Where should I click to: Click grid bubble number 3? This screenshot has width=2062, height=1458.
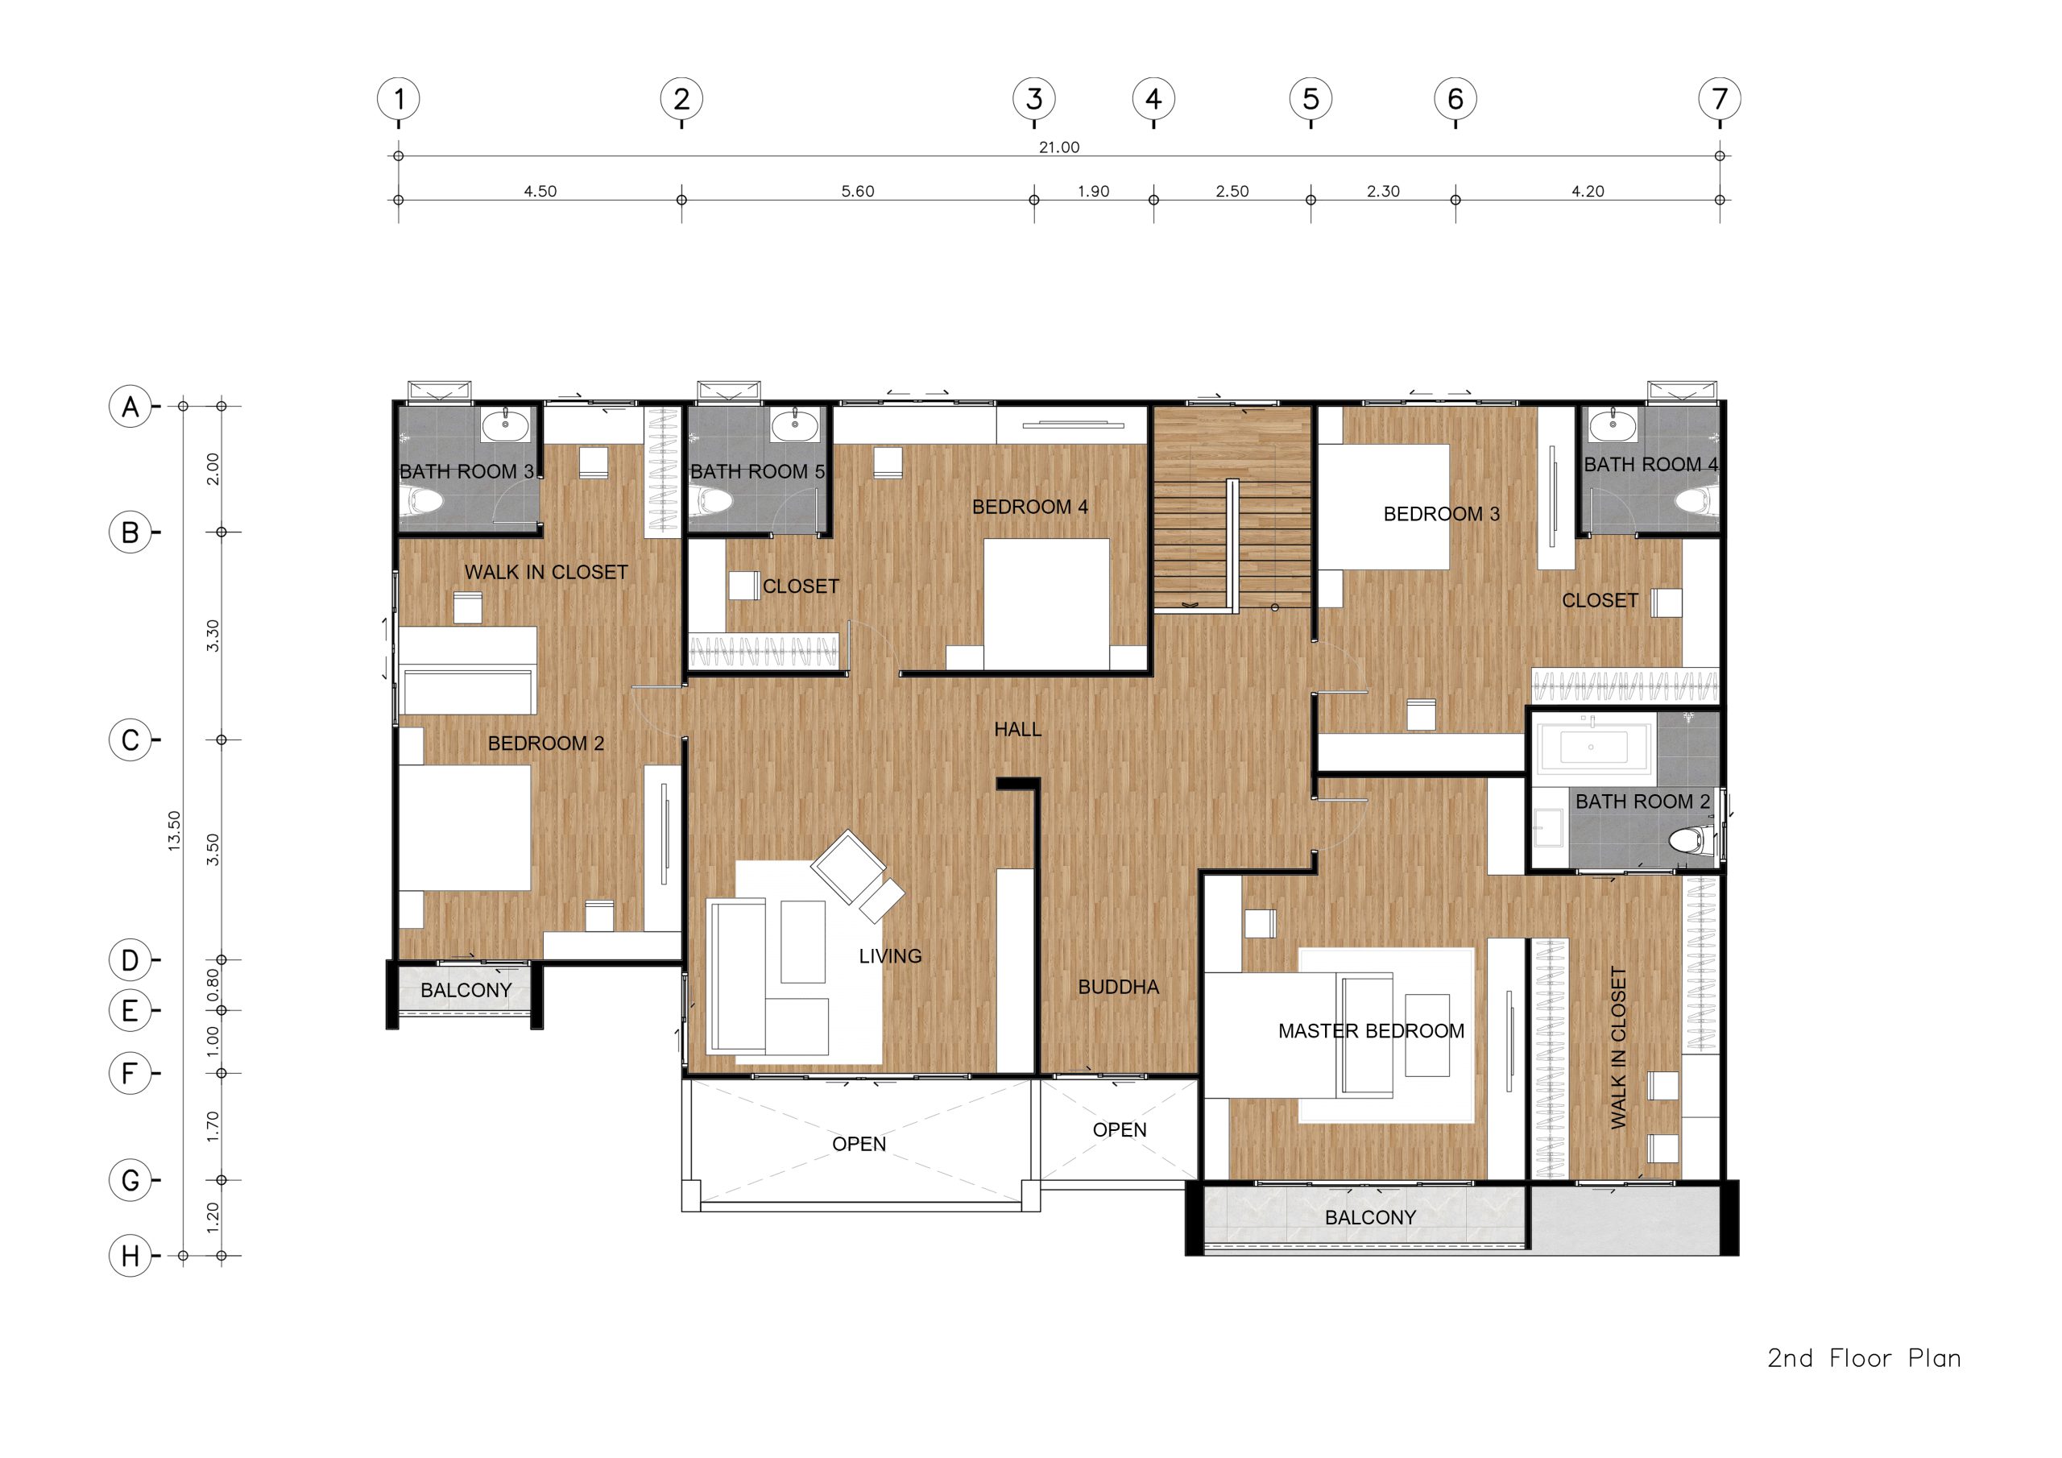tap(1033, 99)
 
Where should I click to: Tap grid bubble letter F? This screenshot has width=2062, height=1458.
tap(130, 1074)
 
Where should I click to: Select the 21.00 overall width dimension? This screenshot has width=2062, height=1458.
tap(1059, 147)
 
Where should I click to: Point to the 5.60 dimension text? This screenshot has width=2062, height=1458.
tap(858, 192)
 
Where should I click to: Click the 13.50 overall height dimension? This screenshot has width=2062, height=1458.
tap(174, 831)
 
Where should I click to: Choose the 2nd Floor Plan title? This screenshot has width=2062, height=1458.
tap(1865, 1357)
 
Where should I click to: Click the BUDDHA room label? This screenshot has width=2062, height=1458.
tap(1118, 988)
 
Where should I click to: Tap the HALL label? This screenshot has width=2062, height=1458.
tap(1017, 730)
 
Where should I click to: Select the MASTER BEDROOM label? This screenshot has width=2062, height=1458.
tap(1370, 1031)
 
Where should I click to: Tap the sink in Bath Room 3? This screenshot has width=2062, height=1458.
tap(506, 424)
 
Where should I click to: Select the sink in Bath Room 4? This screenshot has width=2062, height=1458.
tap(1613, 424)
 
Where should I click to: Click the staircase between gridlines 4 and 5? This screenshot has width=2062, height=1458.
tap(1233, 507)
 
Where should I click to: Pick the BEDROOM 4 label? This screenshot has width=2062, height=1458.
tap(1030, 507)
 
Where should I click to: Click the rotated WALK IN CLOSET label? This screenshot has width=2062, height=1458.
tap(1618, 1047)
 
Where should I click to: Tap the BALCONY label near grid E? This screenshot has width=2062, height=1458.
tap(466, 991)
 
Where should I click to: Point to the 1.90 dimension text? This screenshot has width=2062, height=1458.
tap(1093, 192)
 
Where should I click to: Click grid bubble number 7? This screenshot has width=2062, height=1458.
tap(1719, 99)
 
